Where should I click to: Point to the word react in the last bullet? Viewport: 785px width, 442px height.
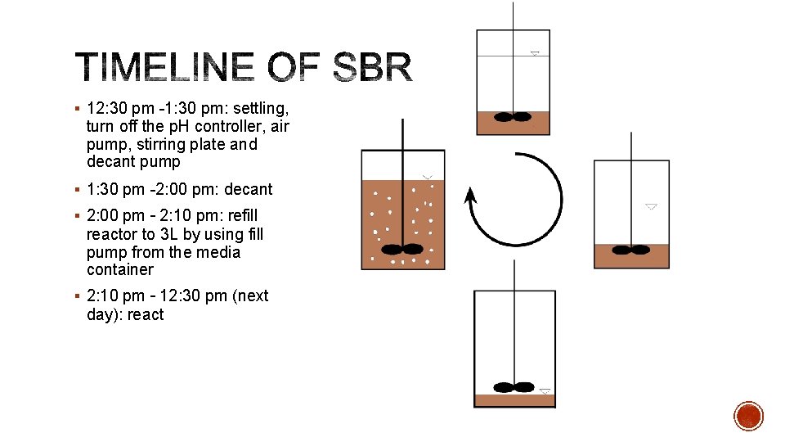[145, 314]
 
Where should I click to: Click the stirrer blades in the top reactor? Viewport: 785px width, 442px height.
[514, 117]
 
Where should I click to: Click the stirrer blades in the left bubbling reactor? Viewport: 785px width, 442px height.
[402, 249]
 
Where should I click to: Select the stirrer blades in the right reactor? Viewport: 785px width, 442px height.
[631, 250]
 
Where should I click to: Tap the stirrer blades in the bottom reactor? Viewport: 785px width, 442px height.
[514, 387]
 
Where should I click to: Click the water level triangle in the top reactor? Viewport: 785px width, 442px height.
[535, 53]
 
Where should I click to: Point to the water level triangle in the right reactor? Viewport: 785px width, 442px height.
[651, 206]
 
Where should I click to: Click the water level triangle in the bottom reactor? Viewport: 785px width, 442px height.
[545, 391]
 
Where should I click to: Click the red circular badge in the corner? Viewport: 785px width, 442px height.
[748, 416]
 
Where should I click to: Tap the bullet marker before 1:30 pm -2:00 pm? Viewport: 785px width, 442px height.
[75, 189]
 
